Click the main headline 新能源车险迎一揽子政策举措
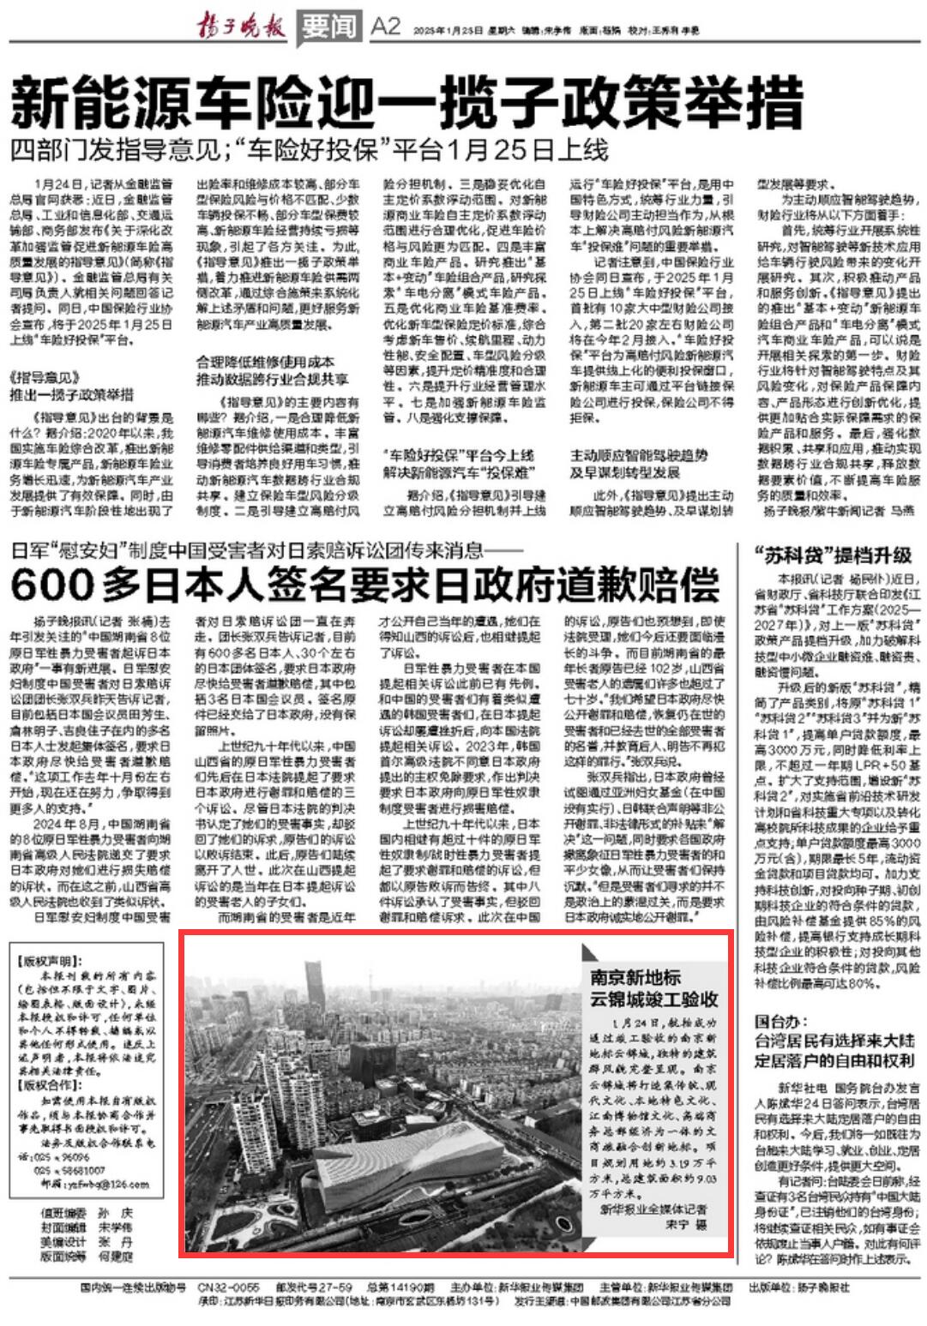point(407,102)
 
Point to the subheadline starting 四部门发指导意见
point(309,150)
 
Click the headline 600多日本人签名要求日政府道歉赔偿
point(364,586)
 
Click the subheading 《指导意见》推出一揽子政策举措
point(72,386)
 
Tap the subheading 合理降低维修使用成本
point(265,362)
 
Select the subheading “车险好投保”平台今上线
point(458,455)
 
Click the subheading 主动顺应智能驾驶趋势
point(639,455)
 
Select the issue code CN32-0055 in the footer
point(228,1287)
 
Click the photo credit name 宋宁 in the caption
point(677,1225)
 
